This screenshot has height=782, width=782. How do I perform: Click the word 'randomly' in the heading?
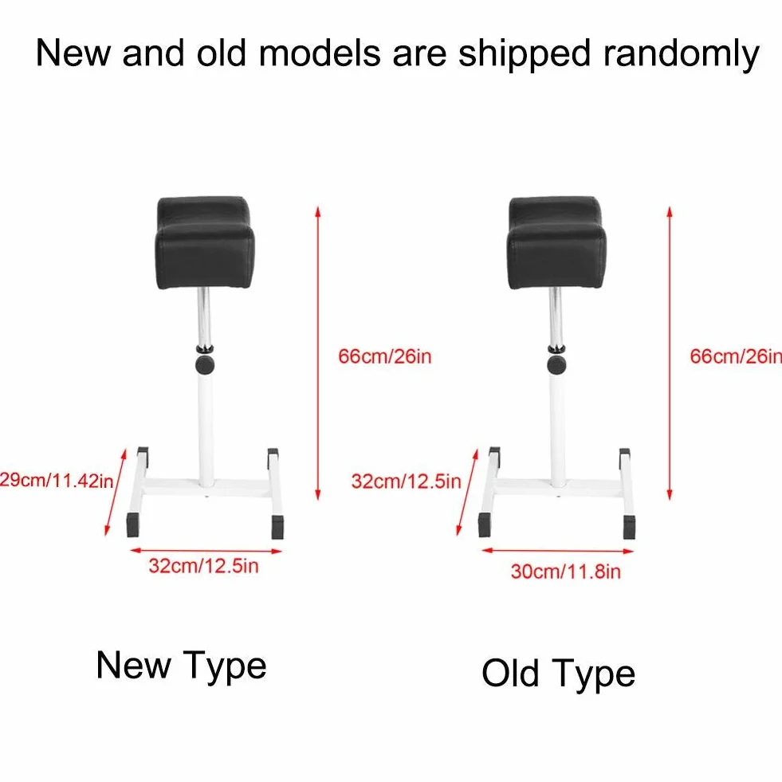click(x=682, y=53)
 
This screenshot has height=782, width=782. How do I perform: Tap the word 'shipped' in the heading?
click(x=525, y=53)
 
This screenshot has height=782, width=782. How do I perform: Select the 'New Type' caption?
click(x=182, y=666)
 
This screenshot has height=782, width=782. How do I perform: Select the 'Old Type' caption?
click(x=559, y=674)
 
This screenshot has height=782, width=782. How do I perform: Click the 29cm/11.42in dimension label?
click(x=57, y=480)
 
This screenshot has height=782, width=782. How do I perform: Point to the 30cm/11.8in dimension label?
click(x=565, y=572)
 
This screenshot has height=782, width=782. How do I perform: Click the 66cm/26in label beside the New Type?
click(x=384, y=356)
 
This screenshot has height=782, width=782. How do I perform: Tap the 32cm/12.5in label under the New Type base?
click(x=203, y=566)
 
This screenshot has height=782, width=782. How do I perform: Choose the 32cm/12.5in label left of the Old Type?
click(x=406, y=481)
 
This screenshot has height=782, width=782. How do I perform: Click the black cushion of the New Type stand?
click(x=205, y=242)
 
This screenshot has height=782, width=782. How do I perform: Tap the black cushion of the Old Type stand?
click(x=556, y=242)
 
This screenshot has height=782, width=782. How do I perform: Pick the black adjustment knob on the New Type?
click(x=205, y=364)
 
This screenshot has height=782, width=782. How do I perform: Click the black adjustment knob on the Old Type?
click(x=556, y=364)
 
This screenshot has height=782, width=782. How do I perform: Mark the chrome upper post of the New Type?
click(x=203, y=318)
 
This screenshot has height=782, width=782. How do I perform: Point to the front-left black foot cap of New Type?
click(x=133, y=525)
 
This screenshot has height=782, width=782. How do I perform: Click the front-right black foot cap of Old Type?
click(x=630, y=527)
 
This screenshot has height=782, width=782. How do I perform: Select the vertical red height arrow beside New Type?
click(x=318, y=352)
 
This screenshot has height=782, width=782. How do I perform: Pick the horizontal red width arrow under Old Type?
click(x=557, y=551)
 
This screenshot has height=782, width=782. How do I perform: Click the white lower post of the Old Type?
click(x=557, y=429)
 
